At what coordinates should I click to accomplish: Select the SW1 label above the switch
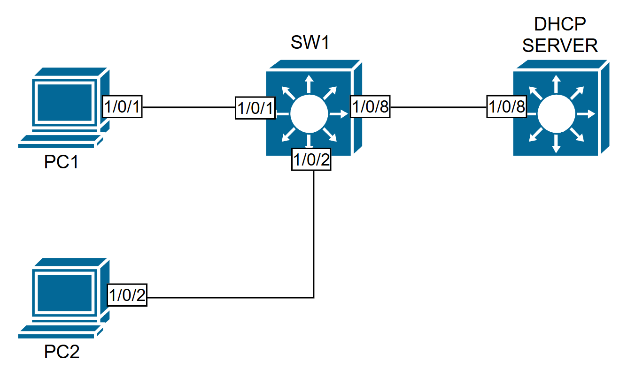click(310, 45)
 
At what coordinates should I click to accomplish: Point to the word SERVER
click(560, 45)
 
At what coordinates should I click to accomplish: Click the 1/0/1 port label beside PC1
click(122, 107)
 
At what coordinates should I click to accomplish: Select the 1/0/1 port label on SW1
click(255, 109)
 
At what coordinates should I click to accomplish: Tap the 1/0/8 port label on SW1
click(371, 108)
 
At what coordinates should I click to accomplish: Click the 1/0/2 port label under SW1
click(311, 160)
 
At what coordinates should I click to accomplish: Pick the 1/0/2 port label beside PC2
click(127, 296)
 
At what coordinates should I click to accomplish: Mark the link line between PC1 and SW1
click(188, 107)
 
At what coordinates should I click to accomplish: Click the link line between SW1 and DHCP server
click(438, 107)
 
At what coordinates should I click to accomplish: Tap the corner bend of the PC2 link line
click(313, 297)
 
